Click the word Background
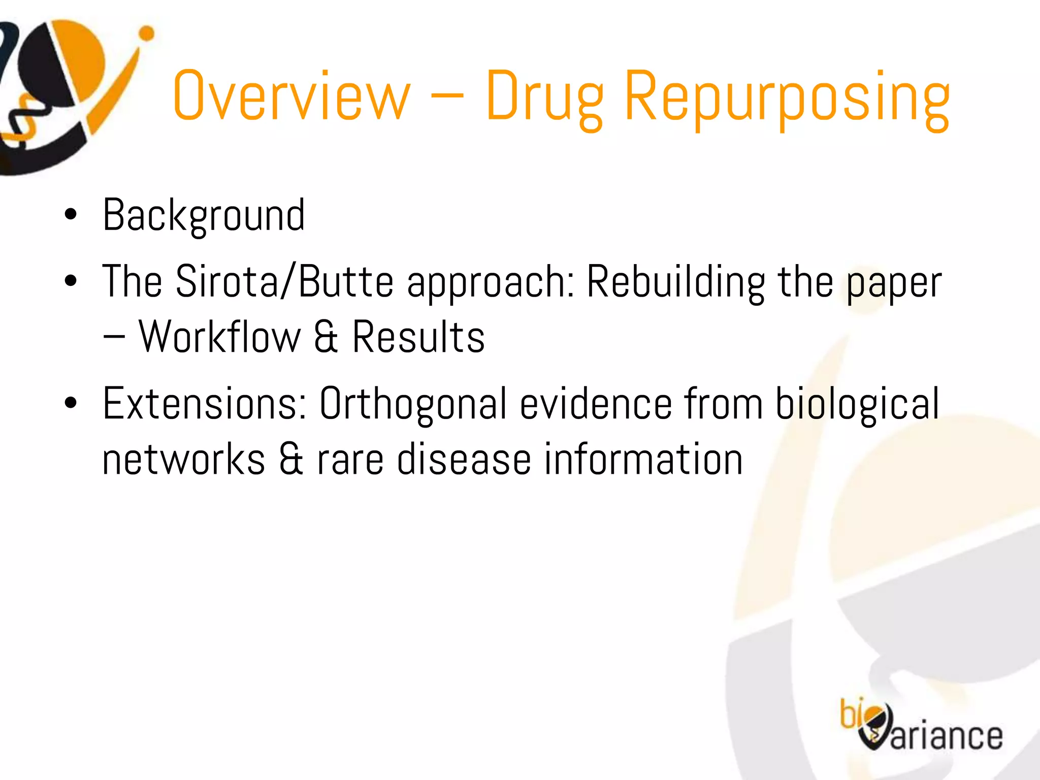[204, 215]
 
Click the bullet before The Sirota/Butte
[71, 281]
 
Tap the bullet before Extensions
[71, 403]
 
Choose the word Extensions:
[205, 403]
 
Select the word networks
[183, 459]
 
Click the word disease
[464, 459]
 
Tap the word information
[643, 459]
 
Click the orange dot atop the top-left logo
[147, 34]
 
